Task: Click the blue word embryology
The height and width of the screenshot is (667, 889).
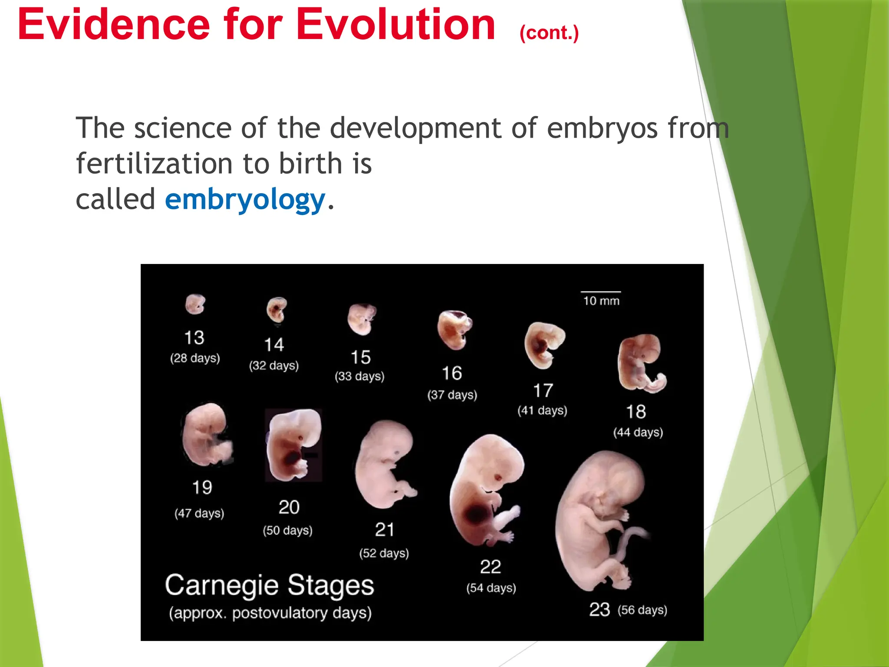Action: point(245,200)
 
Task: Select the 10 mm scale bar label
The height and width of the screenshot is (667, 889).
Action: point(601,301)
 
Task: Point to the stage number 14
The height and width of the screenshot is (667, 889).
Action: point(274,345)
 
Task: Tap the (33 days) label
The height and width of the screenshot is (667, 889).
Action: point(359,376)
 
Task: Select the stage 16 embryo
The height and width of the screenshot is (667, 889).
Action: point(454,330)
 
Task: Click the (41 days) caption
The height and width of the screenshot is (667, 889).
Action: point(542,410)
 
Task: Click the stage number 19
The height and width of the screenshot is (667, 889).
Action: point(202,488)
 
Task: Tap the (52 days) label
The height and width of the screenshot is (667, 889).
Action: point(384,553)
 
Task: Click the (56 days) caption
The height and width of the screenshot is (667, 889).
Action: point(642,610)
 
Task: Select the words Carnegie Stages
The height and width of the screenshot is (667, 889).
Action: point(269,585)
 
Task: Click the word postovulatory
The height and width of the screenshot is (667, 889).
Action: point(280,613)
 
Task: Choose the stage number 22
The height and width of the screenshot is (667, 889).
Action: point(491,567)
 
